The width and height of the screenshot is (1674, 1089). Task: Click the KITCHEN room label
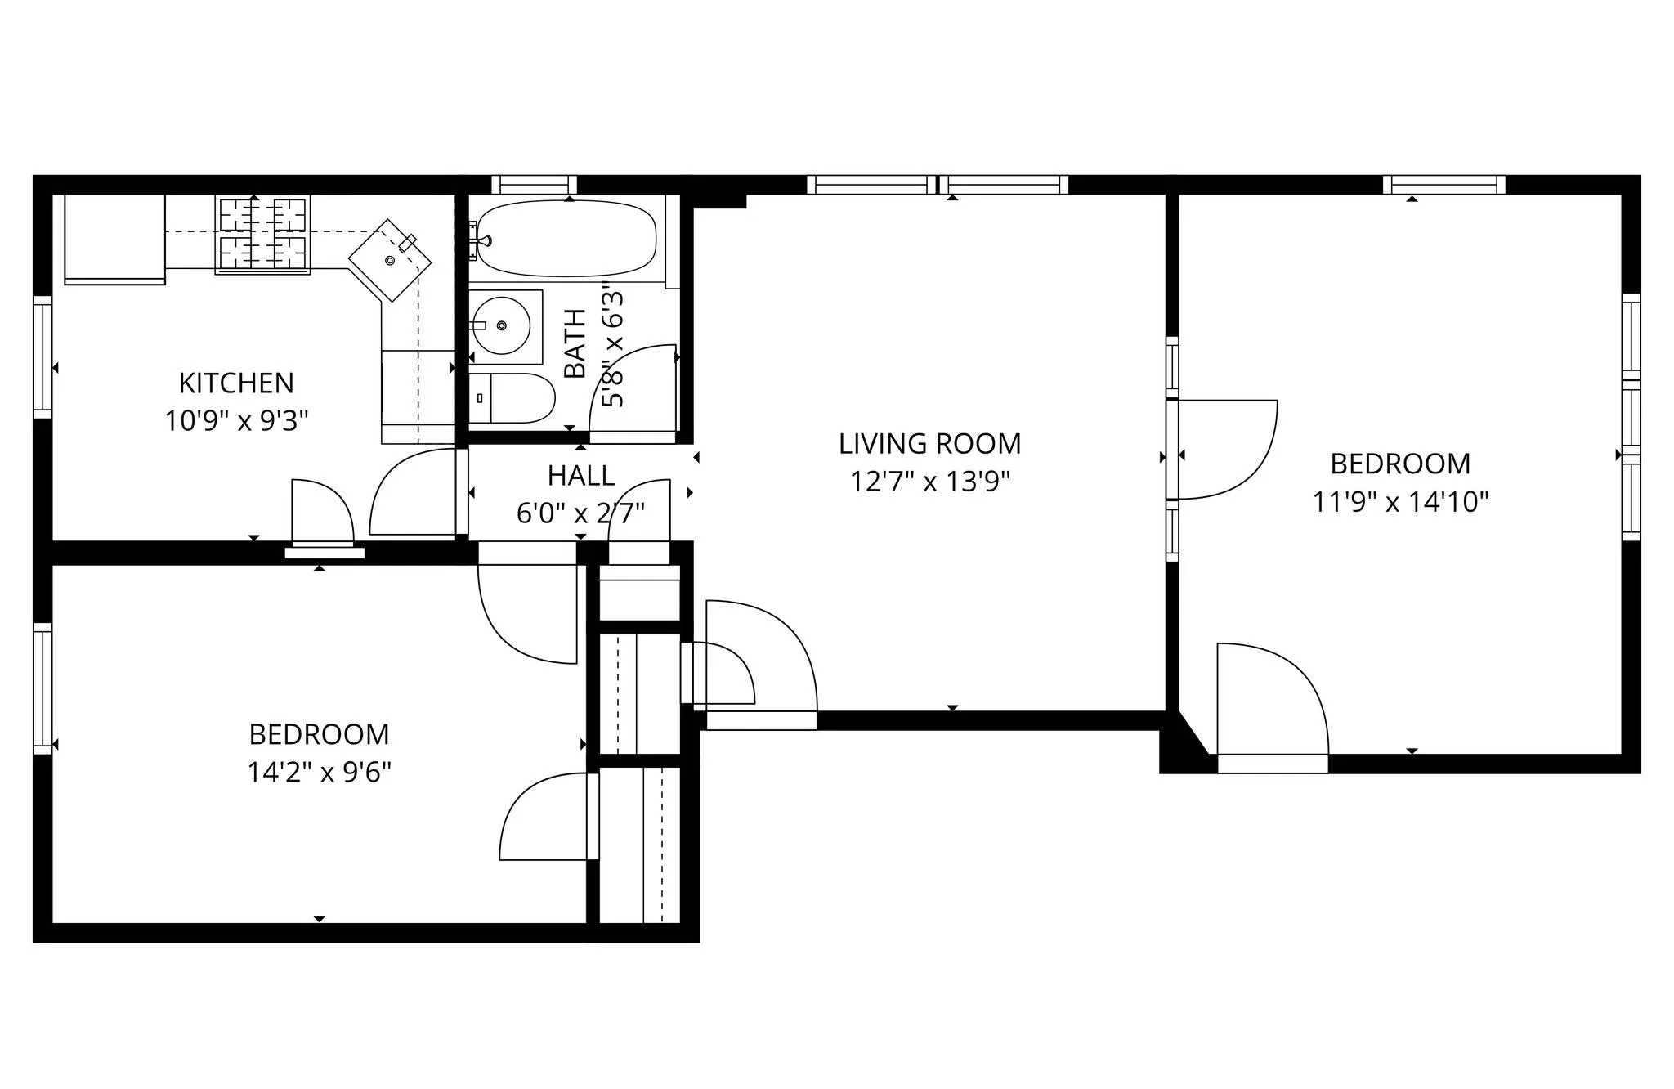pos(236,383)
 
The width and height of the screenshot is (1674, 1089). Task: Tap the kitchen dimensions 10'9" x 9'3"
pos(236,421)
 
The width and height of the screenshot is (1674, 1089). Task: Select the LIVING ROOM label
pos(929,444)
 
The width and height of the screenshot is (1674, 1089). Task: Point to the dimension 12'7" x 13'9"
pos(929,482)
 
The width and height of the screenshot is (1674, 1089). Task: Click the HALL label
pos(580,475)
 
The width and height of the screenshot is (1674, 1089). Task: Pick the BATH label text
pos(575,343)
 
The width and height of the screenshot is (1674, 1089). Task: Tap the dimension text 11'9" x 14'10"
pos(1400,501)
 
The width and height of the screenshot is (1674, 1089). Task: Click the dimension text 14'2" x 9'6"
pos(319,772)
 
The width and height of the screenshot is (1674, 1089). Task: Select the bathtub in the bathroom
pos(566,239)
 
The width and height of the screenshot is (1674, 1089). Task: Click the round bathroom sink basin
pos(501,325)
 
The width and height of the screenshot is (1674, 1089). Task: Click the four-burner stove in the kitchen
pos(262,234)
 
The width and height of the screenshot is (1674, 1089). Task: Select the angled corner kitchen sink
pos(390,260)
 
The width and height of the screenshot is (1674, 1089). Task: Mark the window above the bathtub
pos(534,185)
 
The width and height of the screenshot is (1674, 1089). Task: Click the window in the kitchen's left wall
pos(43,357)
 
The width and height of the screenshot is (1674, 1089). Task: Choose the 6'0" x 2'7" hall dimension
pos(580,513)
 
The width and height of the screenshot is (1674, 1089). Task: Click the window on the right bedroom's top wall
pos(1443,185)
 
